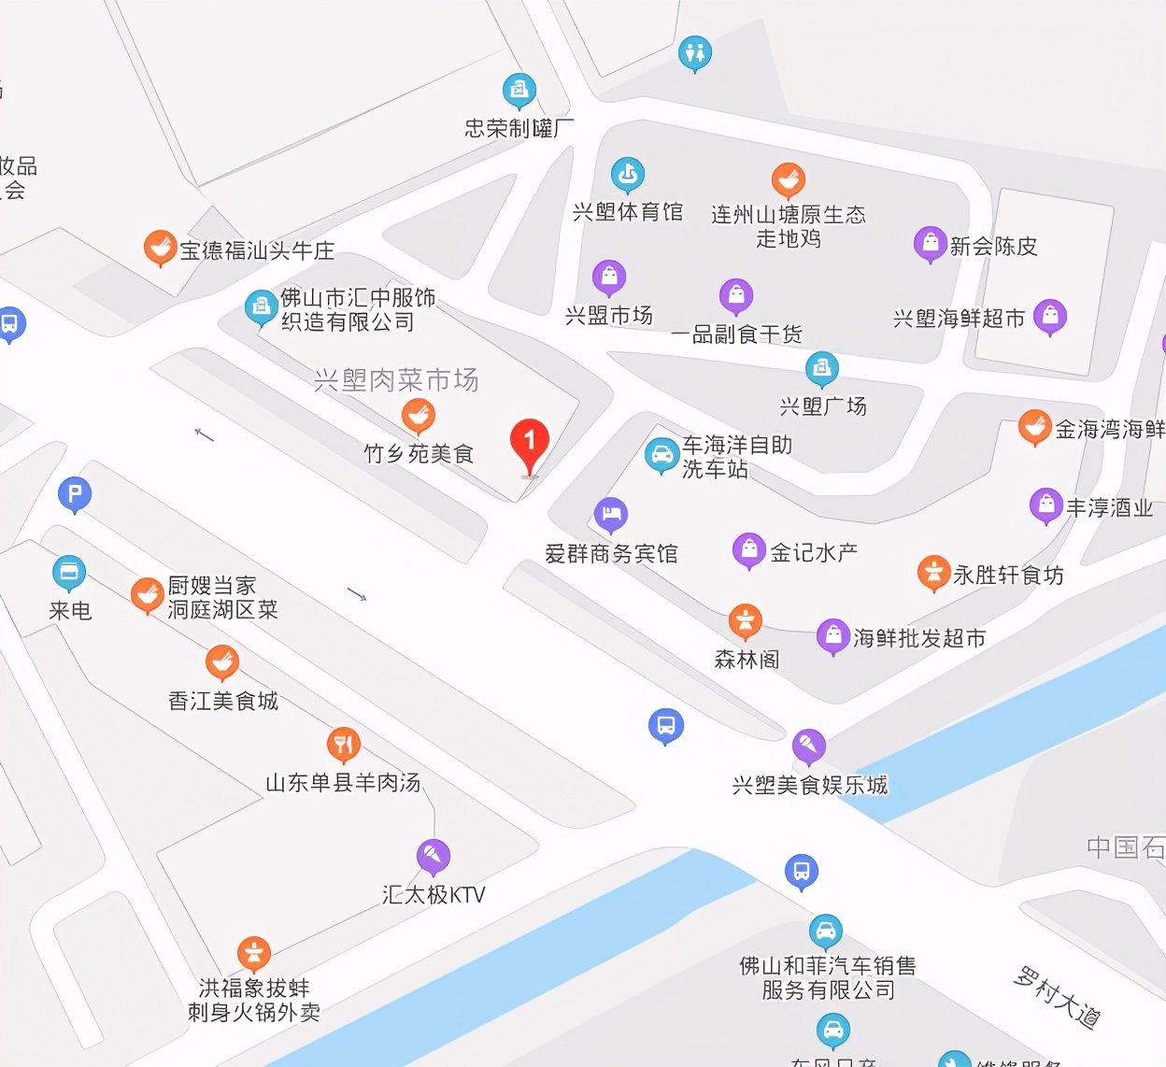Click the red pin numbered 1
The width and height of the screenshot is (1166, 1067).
pyautogui.click(x=530, y=443)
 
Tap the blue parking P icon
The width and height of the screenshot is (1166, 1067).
pyautogui.click(x=75, y=493)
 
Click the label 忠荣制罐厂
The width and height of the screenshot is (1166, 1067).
pyautogui.click(x=519, y=128)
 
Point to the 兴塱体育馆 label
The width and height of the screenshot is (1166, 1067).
pyautogui.click(x=628, y=212)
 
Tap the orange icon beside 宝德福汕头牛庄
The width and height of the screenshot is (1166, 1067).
pyautogui.click(x=160, y=248)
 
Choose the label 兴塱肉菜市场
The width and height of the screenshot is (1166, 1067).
pyautogui.click(x=396, y=379)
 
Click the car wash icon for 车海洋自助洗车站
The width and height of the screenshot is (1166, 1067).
pyautogui.click(x=661, y=455)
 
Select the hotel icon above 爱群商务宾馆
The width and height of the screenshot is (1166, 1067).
pyautogui.click(x=611, y=513)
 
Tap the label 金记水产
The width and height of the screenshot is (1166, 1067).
pyautogui.click(x=813, y=552)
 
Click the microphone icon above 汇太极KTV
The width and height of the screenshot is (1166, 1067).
pyautogui.click(x=433, y=855)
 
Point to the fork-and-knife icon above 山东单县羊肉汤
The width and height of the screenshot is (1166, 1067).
pyautogui.click(x=344, y=744)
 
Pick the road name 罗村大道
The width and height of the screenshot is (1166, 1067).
pyautogui.click(x=1058, y=997)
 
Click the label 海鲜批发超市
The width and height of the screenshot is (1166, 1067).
pyautogui.click(x=919, y=638)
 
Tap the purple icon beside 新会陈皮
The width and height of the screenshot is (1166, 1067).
pyautogui.click(x=930, y=243)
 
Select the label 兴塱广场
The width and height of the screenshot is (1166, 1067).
pyautogui.click(x=823, y=406)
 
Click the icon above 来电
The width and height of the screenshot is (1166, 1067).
pyautogui.click(x=69, y=572)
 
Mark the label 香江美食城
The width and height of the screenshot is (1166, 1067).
pyautogui.click(x=223, y=701)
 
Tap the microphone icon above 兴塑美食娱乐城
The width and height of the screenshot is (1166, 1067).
pyautogui.click(x=808, y=745)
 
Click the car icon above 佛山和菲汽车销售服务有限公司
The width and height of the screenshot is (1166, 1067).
pyautogui.click(x=825, y=931)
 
